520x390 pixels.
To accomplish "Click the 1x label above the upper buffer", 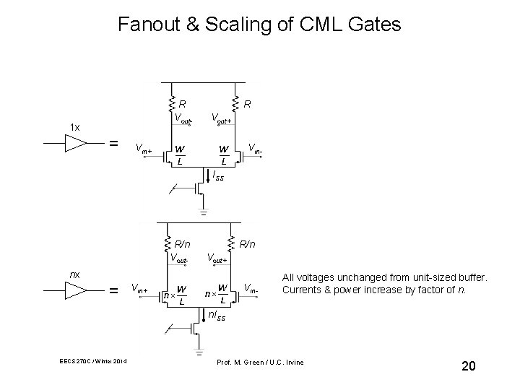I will click(75, 127).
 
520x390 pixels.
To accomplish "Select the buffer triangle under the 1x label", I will click(74, 143).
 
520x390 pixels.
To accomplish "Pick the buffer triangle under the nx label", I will click(74, 290).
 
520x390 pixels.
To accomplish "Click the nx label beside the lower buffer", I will click(74, 274).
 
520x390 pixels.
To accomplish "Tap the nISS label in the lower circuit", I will click(216, 316).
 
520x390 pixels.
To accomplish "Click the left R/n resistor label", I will click(181, 244).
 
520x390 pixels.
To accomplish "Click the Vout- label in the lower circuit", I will click(181, 257).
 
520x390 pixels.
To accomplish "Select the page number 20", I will click(468, 367).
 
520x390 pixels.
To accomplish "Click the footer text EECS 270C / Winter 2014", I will click(92, 361).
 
